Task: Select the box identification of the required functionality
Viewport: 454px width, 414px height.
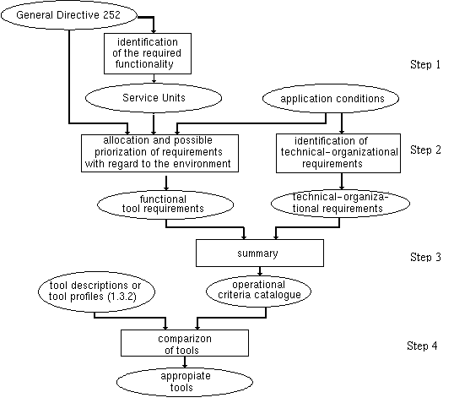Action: (153, 53)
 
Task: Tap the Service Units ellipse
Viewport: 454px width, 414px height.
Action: (154, 98)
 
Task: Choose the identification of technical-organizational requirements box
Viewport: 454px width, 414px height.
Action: (341, 152)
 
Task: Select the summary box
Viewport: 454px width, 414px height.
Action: (259, 253)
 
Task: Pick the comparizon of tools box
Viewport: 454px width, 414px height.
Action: (185, 342)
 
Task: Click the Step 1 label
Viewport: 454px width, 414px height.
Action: (426, 64)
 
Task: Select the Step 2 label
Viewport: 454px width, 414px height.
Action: (426, 150)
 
